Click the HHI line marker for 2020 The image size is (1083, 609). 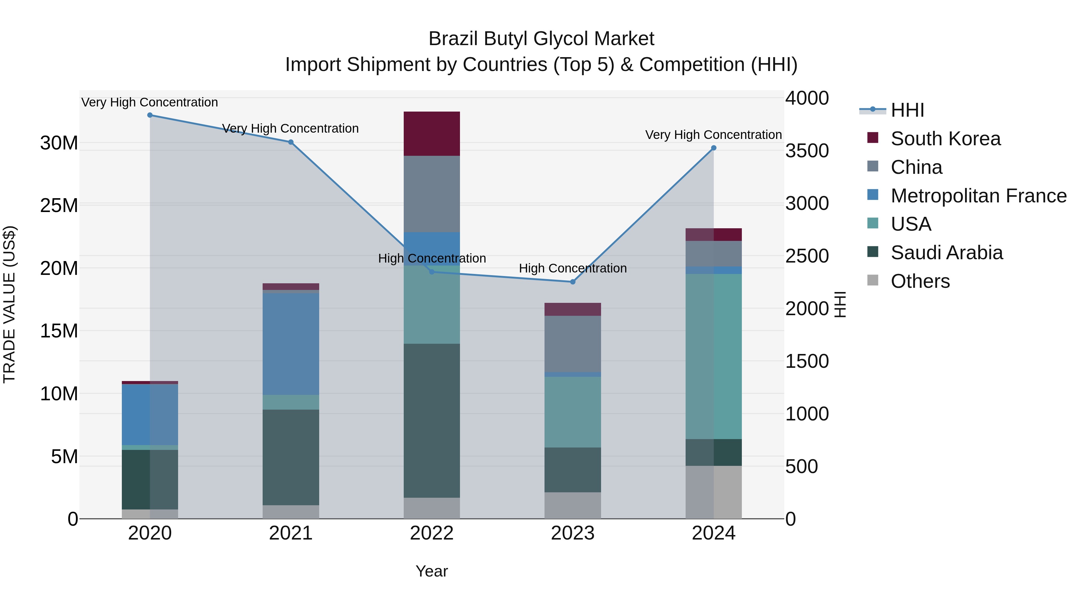(150, 115)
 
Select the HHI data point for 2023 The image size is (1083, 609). (572, 282)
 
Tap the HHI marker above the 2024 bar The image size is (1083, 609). (714, 148)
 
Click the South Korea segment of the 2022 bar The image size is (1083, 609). (432, 134)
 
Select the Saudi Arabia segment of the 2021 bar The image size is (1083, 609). (291, 457)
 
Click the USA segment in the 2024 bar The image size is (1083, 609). (714, 356)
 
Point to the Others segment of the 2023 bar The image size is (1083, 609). (572, 505)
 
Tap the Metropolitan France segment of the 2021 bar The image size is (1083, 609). (291, 344)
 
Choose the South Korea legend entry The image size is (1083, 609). (946, 139)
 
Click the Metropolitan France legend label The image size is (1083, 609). (978, 196)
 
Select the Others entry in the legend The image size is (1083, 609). (920, 281)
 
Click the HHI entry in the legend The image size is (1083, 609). (907, 110)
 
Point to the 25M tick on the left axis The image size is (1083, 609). (59, 205)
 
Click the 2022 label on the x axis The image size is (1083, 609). (432, 533)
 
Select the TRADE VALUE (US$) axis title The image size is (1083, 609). (10, 304)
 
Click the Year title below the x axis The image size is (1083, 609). (432, 571)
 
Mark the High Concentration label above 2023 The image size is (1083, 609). (572, 268)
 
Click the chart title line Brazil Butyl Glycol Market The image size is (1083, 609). (541, 39)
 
